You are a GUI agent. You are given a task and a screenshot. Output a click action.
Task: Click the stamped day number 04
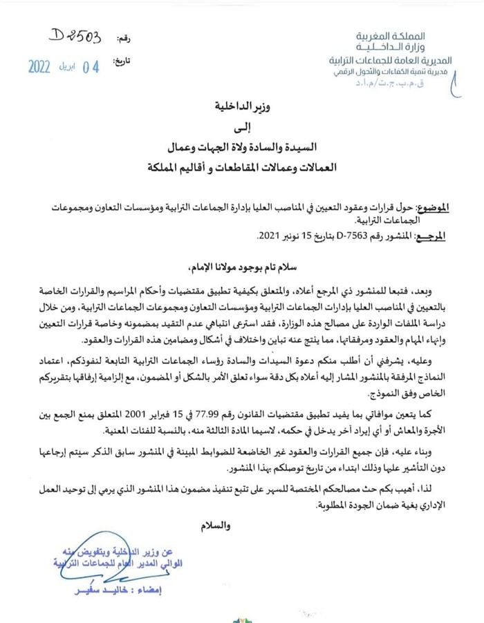91,67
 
